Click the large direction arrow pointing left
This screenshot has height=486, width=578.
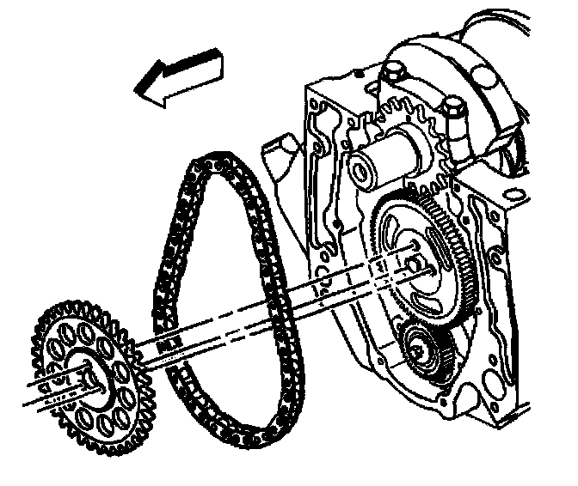178,77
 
